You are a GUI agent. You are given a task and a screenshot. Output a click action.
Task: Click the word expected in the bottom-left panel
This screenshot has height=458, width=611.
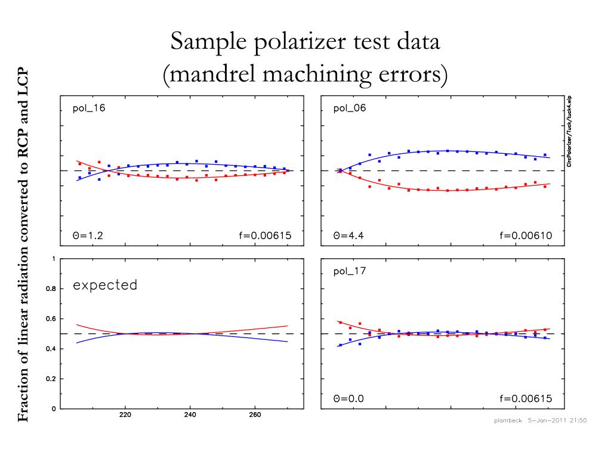[x=105, y=285]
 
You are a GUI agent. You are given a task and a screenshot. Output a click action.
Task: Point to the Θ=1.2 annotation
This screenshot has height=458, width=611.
[x=88, y=236]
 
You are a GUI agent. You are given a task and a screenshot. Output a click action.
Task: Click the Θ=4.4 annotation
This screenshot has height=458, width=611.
[x=349, y=236]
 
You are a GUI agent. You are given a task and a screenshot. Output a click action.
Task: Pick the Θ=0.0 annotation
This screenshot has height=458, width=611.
[x=349, y=399]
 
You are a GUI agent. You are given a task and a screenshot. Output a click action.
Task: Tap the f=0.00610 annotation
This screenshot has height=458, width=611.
[x=526, y=236]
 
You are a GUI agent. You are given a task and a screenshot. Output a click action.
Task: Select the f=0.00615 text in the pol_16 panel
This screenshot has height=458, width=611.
[x=264, y=236]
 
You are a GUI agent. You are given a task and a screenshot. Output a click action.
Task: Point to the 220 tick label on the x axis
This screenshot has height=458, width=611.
[x=125, y=416]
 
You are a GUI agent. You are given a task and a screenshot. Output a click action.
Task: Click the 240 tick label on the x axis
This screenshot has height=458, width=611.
[x=190, y=416]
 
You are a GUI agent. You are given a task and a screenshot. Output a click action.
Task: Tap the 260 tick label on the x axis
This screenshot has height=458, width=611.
[x=255, y=416]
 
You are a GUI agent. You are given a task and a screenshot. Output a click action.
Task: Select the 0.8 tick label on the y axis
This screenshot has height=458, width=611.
[x=53, y=289]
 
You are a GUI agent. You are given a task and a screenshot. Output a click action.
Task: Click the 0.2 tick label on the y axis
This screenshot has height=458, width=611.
[x=53, y=379]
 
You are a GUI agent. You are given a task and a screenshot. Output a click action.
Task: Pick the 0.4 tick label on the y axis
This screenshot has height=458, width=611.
[x=53, y=349]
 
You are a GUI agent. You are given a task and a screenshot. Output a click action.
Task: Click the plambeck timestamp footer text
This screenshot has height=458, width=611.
[x=540, y=420]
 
